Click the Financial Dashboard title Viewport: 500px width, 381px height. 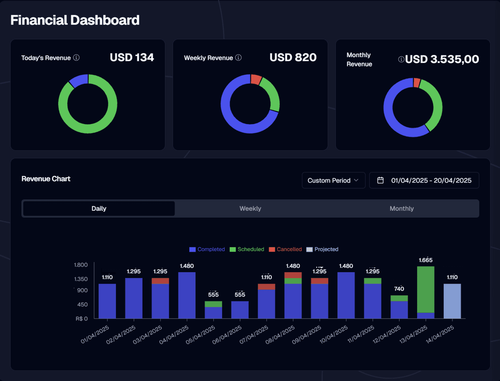coord(75,20)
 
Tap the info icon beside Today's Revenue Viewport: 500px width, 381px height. coord(76,58)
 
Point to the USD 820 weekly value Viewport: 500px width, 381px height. coord(293,58)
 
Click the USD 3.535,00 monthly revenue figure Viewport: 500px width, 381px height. coord(442,59)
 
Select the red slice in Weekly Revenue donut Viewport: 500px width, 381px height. coord(256,79)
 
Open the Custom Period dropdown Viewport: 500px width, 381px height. coord(333,180)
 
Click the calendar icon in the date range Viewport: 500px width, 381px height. coord(380,180)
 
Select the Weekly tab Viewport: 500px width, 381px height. coord(250,209)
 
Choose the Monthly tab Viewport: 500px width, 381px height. coord(401,209)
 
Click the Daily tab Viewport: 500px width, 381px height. coord(99,209)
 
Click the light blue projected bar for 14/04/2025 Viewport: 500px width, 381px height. coord(452,301)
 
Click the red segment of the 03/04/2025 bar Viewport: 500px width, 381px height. coord(160,281)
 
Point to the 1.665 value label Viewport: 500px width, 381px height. coord(426,260)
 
